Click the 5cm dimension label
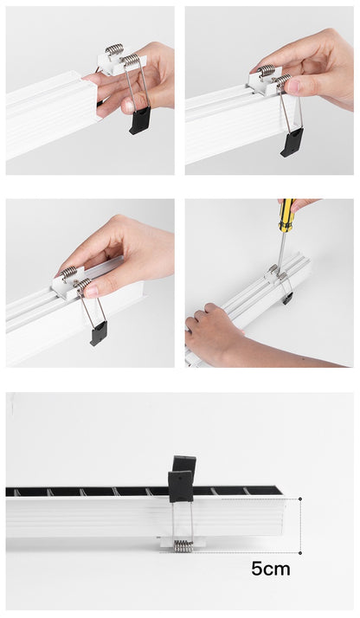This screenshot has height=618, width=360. (271, 569)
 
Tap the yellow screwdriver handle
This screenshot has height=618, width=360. (286, 216)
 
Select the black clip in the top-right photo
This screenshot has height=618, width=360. (292, 141)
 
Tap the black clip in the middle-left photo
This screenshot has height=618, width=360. (99, 332)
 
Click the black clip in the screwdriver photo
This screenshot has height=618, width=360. (286, 299)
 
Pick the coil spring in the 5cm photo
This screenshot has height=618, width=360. (183, 545)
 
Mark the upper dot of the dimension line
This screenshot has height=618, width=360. (300, 499)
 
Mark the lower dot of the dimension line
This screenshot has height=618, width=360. (300, 552)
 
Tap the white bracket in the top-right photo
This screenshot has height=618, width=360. (266, 82)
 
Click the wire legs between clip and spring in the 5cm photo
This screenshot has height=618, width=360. (182, 519)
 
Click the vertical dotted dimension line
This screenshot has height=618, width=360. (300, 525)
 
